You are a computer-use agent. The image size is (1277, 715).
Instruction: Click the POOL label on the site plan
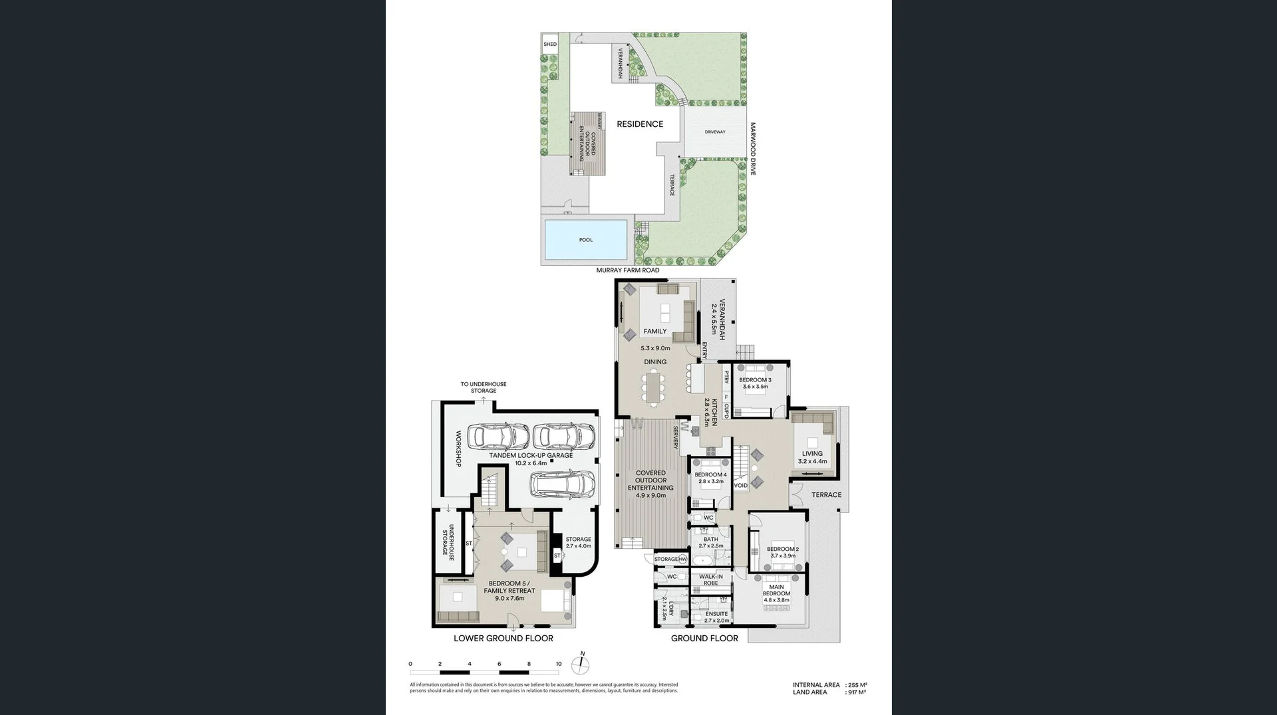pos(585,240)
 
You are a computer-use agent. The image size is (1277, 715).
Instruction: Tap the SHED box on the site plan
pos(550,45)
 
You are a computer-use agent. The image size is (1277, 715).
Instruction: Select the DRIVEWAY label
pos(715,132)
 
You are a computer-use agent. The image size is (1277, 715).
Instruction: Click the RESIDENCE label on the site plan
pos(639,124)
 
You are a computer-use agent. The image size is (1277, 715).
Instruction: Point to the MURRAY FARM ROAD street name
pos(627,270)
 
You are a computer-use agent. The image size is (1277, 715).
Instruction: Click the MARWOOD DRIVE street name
pos(753,149)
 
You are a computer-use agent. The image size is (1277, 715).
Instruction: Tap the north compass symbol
pos(581,664)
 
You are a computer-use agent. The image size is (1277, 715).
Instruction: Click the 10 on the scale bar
pos(559,664)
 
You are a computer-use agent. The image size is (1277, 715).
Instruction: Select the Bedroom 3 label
pos(755,380)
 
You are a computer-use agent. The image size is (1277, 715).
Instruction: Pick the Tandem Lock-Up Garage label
pos(531,456)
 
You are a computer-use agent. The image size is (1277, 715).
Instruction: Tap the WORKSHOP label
pos(458,449)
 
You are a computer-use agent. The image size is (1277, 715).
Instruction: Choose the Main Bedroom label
pos(776,590)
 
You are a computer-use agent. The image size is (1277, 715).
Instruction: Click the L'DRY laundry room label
pos(671,609)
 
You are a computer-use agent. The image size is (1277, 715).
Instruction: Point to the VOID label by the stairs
pos(740,486)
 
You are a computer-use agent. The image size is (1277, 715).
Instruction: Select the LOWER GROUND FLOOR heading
pos(503,639)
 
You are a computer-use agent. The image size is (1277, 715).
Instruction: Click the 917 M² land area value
pos(857,692)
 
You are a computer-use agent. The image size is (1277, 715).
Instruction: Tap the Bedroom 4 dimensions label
pos(710,482)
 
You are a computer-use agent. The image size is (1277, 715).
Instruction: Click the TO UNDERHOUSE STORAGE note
pos(484,387)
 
